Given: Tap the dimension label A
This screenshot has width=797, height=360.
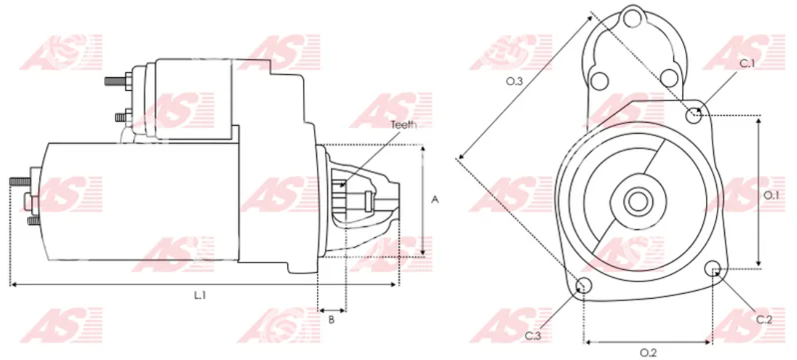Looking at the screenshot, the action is point(435,200).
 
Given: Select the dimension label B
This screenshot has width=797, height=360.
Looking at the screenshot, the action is point(332,320).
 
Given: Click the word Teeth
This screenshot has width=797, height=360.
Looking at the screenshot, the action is point(404,124).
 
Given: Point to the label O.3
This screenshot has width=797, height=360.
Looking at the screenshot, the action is point(514,82).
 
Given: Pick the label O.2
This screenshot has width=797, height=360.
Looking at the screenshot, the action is point(647,353).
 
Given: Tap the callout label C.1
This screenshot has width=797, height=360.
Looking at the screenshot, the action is point(748,63).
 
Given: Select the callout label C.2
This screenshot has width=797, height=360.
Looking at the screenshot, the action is point(764,320).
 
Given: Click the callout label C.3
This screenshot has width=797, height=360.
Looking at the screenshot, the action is point(533,336).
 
